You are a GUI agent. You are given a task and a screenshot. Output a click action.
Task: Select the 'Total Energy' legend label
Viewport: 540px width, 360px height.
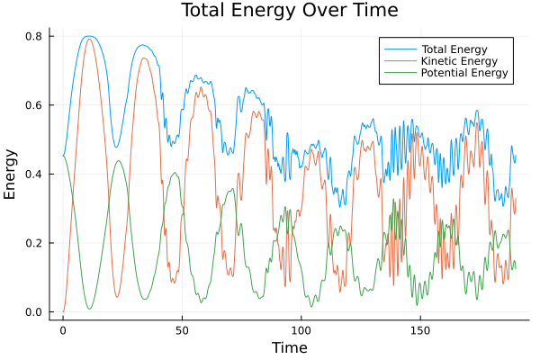tap(454, 49)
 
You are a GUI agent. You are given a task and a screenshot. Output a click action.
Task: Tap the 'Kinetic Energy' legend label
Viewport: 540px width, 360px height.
tap(458, 60)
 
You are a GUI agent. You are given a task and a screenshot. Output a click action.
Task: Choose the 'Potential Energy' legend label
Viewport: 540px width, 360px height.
tap(464, 72)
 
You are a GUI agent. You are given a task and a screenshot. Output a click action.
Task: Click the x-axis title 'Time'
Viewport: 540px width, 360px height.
tap(290, 347)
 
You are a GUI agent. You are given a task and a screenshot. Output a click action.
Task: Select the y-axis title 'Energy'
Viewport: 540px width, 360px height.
tap(11, 174)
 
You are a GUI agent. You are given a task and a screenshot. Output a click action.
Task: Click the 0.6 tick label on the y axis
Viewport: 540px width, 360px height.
tap(35, 105)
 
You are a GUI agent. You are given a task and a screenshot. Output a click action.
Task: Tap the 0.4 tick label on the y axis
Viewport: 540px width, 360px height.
tap(35, 174)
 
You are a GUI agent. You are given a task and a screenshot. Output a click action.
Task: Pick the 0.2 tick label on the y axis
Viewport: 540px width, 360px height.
tap(35, 243)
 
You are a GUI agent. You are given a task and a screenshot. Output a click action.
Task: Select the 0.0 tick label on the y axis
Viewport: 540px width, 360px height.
tap(35, 312)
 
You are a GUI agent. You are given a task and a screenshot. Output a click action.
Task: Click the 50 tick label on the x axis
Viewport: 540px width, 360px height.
tap(182, 329)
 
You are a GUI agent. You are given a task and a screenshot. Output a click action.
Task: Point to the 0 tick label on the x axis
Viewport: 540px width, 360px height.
tap(63, 329)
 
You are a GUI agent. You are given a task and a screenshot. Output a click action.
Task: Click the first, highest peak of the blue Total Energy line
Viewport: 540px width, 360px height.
tap(88, 36)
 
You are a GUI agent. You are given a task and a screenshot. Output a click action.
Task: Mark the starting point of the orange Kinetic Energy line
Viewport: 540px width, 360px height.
tap(63, 312)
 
